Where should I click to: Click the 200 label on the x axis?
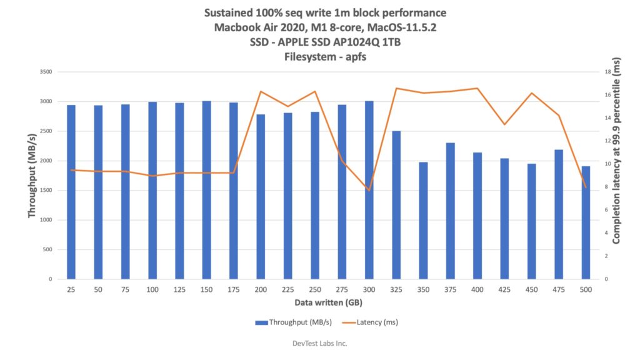point(261,290)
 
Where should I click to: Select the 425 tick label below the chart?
point(504,290)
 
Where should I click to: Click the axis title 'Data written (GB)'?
point(328,302)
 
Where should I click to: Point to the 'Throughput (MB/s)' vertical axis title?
point(31,175)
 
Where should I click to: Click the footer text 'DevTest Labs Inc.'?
point(319,343)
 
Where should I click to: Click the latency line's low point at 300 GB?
point(369,191)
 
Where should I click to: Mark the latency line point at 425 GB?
point(504,124)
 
